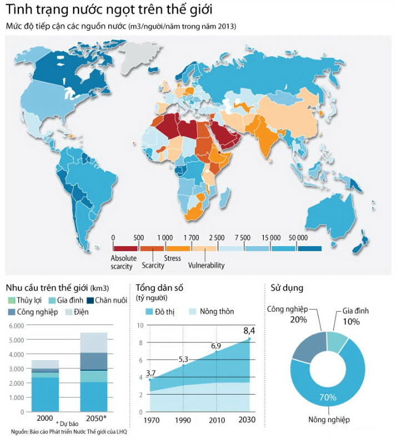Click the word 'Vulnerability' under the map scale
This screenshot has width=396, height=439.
(x=206, y=266)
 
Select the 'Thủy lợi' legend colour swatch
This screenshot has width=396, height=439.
(x=11, y=301)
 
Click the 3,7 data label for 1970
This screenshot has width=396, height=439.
(x=150, y=372)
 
